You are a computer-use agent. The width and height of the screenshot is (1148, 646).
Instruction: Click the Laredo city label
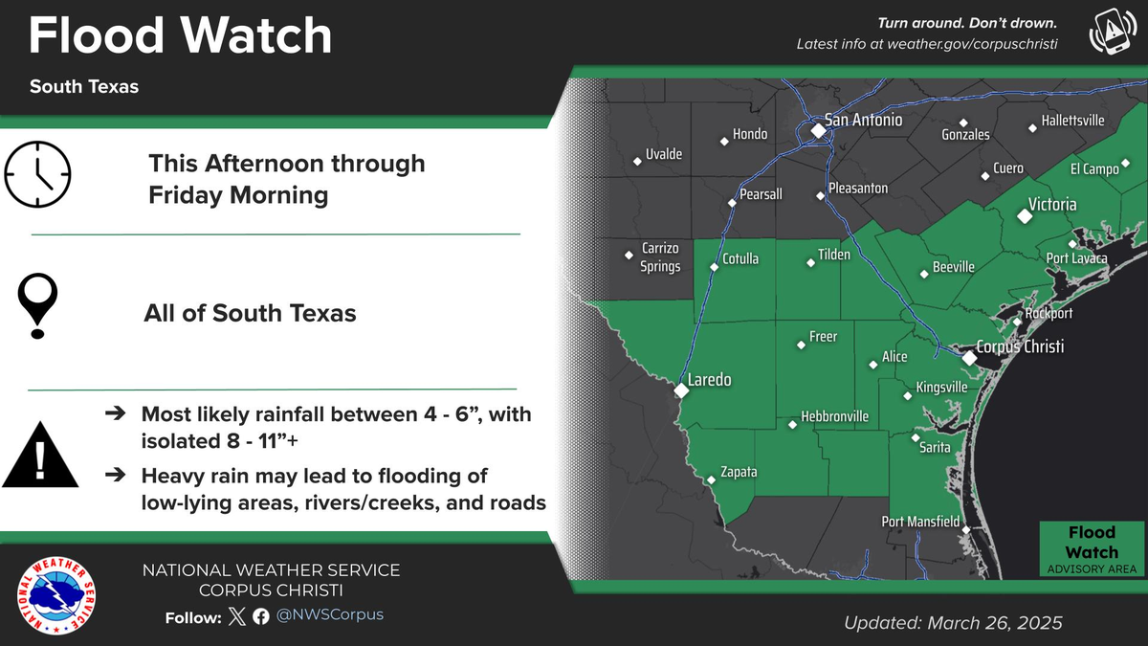coord(710,380)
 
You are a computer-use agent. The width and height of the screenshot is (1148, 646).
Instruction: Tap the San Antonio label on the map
coord(863,121)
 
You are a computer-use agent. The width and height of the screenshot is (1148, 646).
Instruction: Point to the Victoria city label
coord(1051,205)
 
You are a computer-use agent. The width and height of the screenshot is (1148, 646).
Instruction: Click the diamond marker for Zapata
coord(711,480)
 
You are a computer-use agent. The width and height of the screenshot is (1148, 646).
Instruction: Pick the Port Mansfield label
coord(920,522)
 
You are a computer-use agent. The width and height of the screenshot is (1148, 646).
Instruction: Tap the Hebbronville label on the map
coord(834,416)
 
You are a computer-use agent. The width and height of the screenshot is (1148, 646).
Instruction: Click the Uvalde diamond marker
coord(637,160)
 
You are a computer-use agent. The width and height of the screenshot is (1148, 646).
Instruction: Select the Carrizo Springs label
coord(660,257)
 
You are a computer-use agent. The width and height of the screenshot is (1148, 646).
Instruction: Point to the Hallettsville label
coord(1072,122)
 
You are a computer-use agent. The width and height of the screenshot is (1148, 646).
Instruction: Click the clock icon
coord(38,173)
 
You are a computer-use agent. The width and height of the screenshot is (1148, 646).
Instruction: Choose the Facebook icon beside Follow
coord(261,616)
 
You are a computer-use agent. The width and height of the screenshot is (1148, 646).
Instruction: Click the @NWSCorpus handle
coord(329,615)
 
